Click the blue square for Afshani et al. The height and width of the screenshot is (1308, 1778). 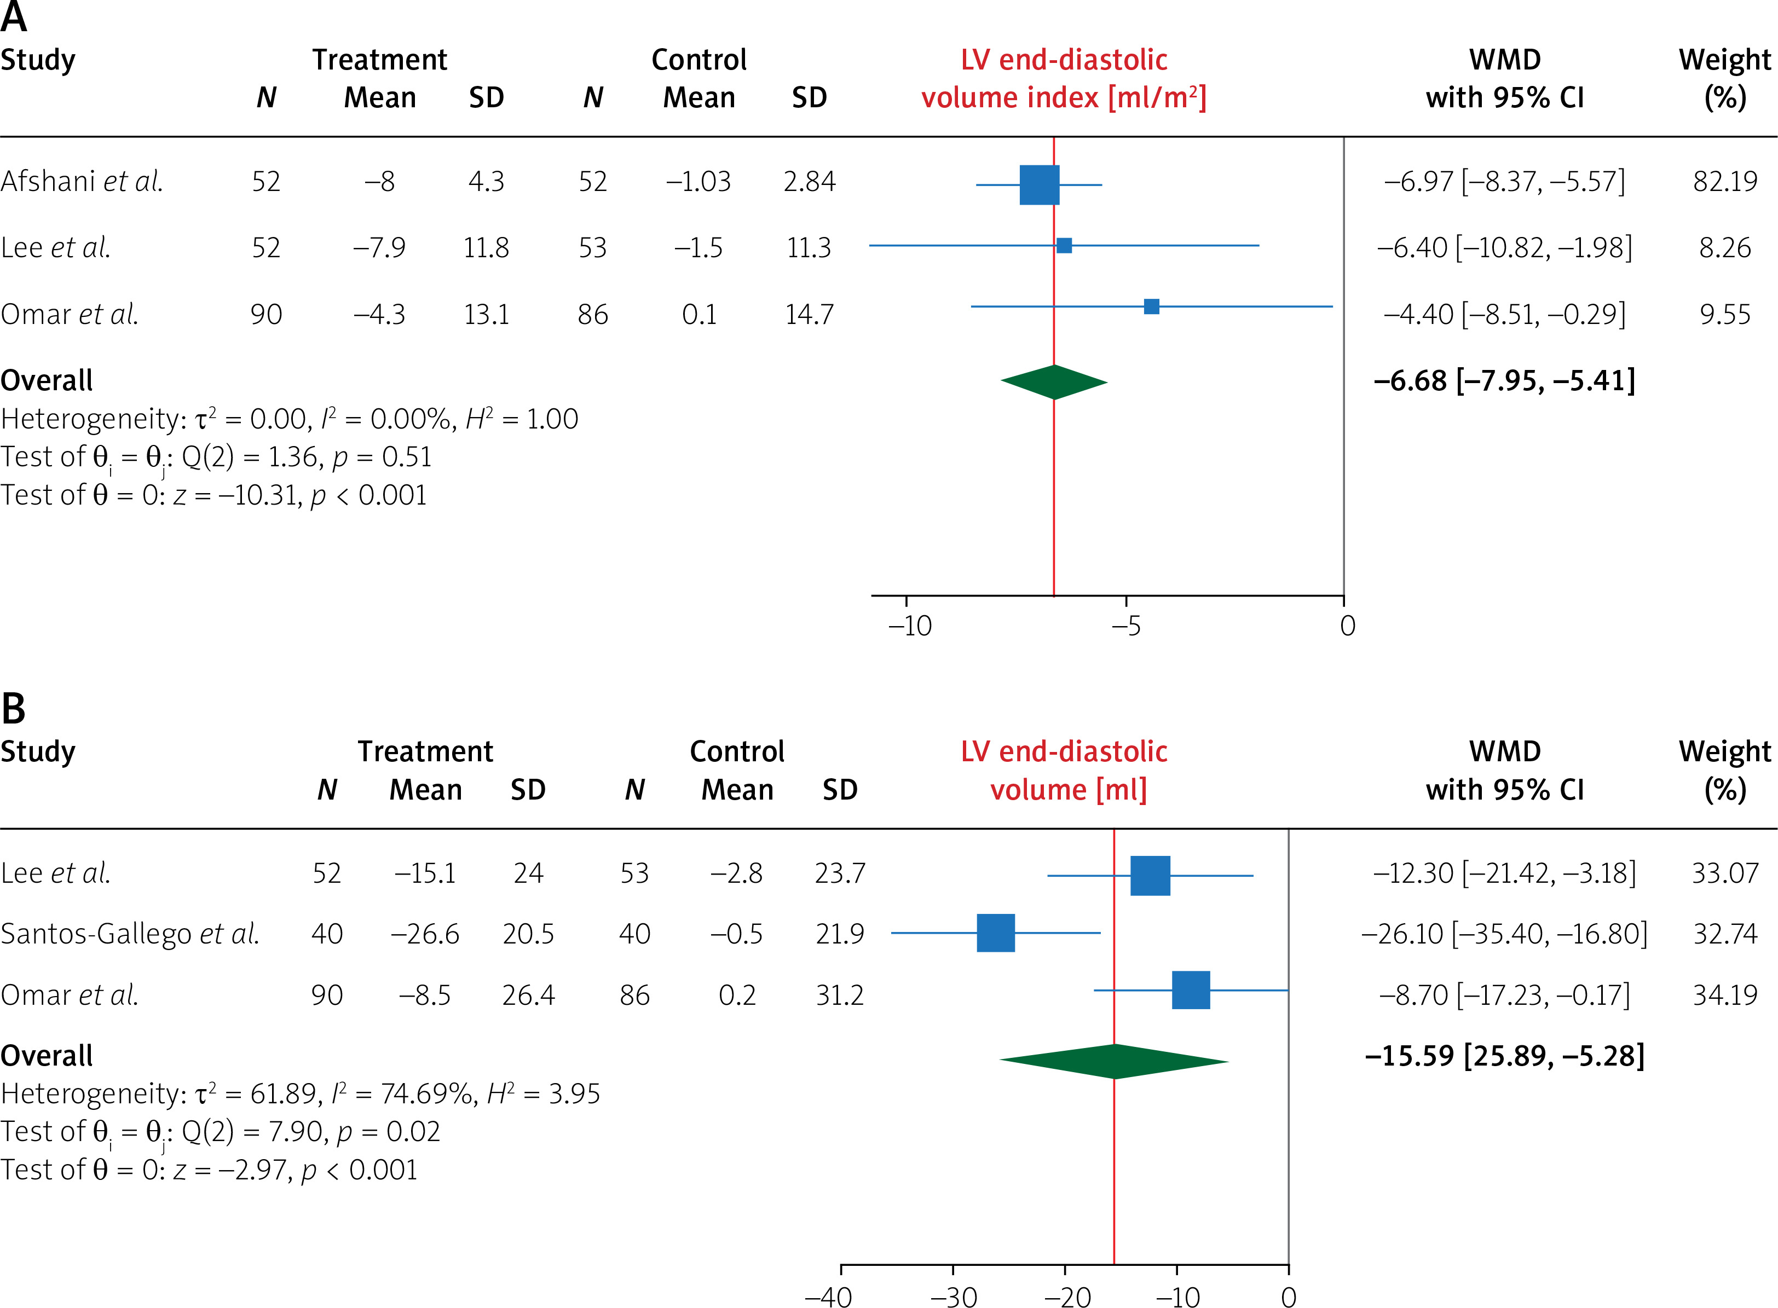coord(1039,184)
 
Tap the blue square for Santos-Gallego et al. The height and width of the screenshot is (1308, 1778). coord(996,933)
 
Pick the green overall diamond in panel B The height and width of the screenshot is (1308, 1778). coord(1113,1061)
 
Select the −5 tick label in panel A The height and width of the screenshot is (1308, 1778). coord(1125,626)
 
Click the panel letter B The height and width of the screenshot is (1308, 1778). coord(14,709)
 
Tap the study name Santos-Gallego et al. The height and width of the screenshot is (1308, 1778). coord(130,934)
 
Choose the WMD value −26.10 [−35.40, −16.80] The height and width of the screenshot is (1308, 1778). coord(1504,934)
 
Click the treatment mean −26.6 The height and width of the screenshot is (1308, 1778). coord(425,934)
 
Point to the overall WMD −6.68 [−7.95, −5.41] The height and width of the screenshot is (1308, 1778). coord(1504,381)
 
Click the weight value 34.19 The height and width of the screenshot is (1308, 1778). coord(1725,994)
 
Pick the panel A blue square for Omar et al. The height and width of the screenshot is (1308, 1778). coord(1152,306)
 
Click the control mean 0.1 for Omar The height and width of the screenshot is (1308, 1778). coord(698,314)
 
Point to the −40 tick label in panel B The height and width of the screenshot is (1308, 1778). coord(828,1296)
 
